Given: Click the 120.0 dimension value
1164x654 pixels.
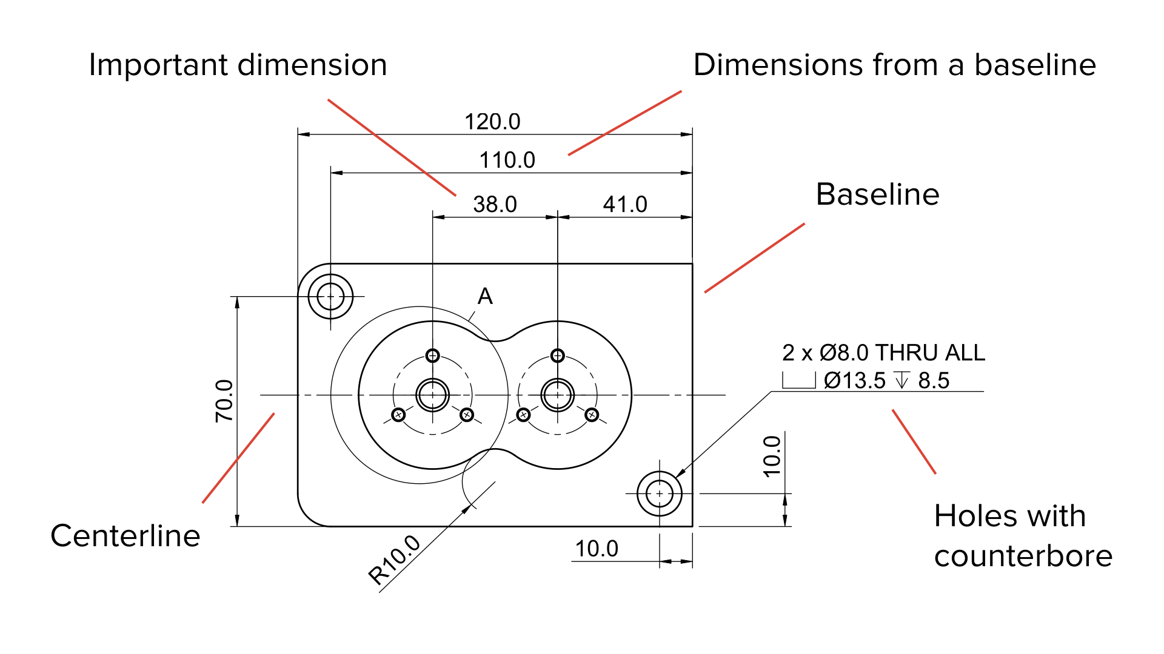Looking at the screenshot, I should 492,122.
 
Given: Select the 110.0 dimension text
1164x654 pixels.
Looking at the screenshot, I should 507,160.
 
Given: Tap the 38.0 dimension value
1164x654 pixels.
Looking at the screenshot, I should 495,205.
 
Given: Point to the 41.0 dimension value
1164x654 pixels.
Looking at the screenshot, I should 625,205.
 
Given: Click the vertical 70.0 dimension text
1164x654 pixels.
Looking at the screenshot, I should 224,400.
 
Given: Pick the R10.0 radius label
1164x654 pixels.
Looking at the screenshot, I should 395,561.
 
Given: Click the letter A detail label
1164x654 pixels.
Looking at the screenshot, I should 485,296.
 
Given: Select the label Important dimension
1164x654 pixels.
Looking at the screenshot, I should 238,65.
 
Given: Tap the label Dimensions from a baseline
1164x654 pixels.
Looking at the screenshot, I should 894,65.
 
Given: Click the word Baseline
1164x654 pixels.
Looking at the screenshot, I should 877,194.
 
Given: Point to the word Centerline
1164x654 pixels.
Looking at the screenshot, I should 125,536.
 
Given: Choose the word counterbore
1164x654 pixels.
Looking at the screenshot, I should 1023,556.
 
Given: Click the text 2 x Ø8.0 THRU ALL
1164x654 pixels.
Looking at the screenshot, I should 883,352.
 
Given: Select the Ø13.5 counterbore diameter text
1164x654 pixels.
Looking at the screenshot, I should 855,381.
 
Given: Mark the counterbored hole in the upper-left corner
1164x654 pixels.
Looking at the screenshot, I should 330,297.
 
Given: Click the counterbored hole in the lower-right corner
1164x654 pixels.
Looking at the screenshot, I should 660,494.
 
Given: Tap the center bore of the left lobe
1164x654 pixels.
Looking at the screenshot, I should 432,395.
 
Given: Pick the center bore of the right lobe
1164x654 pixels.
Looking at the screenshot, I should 557,395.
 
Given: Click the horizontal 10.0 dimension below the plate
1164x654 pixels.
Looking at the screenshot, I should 597,549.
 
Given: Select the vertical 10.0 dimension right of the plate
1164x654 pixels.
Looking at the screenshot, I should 772,456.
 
